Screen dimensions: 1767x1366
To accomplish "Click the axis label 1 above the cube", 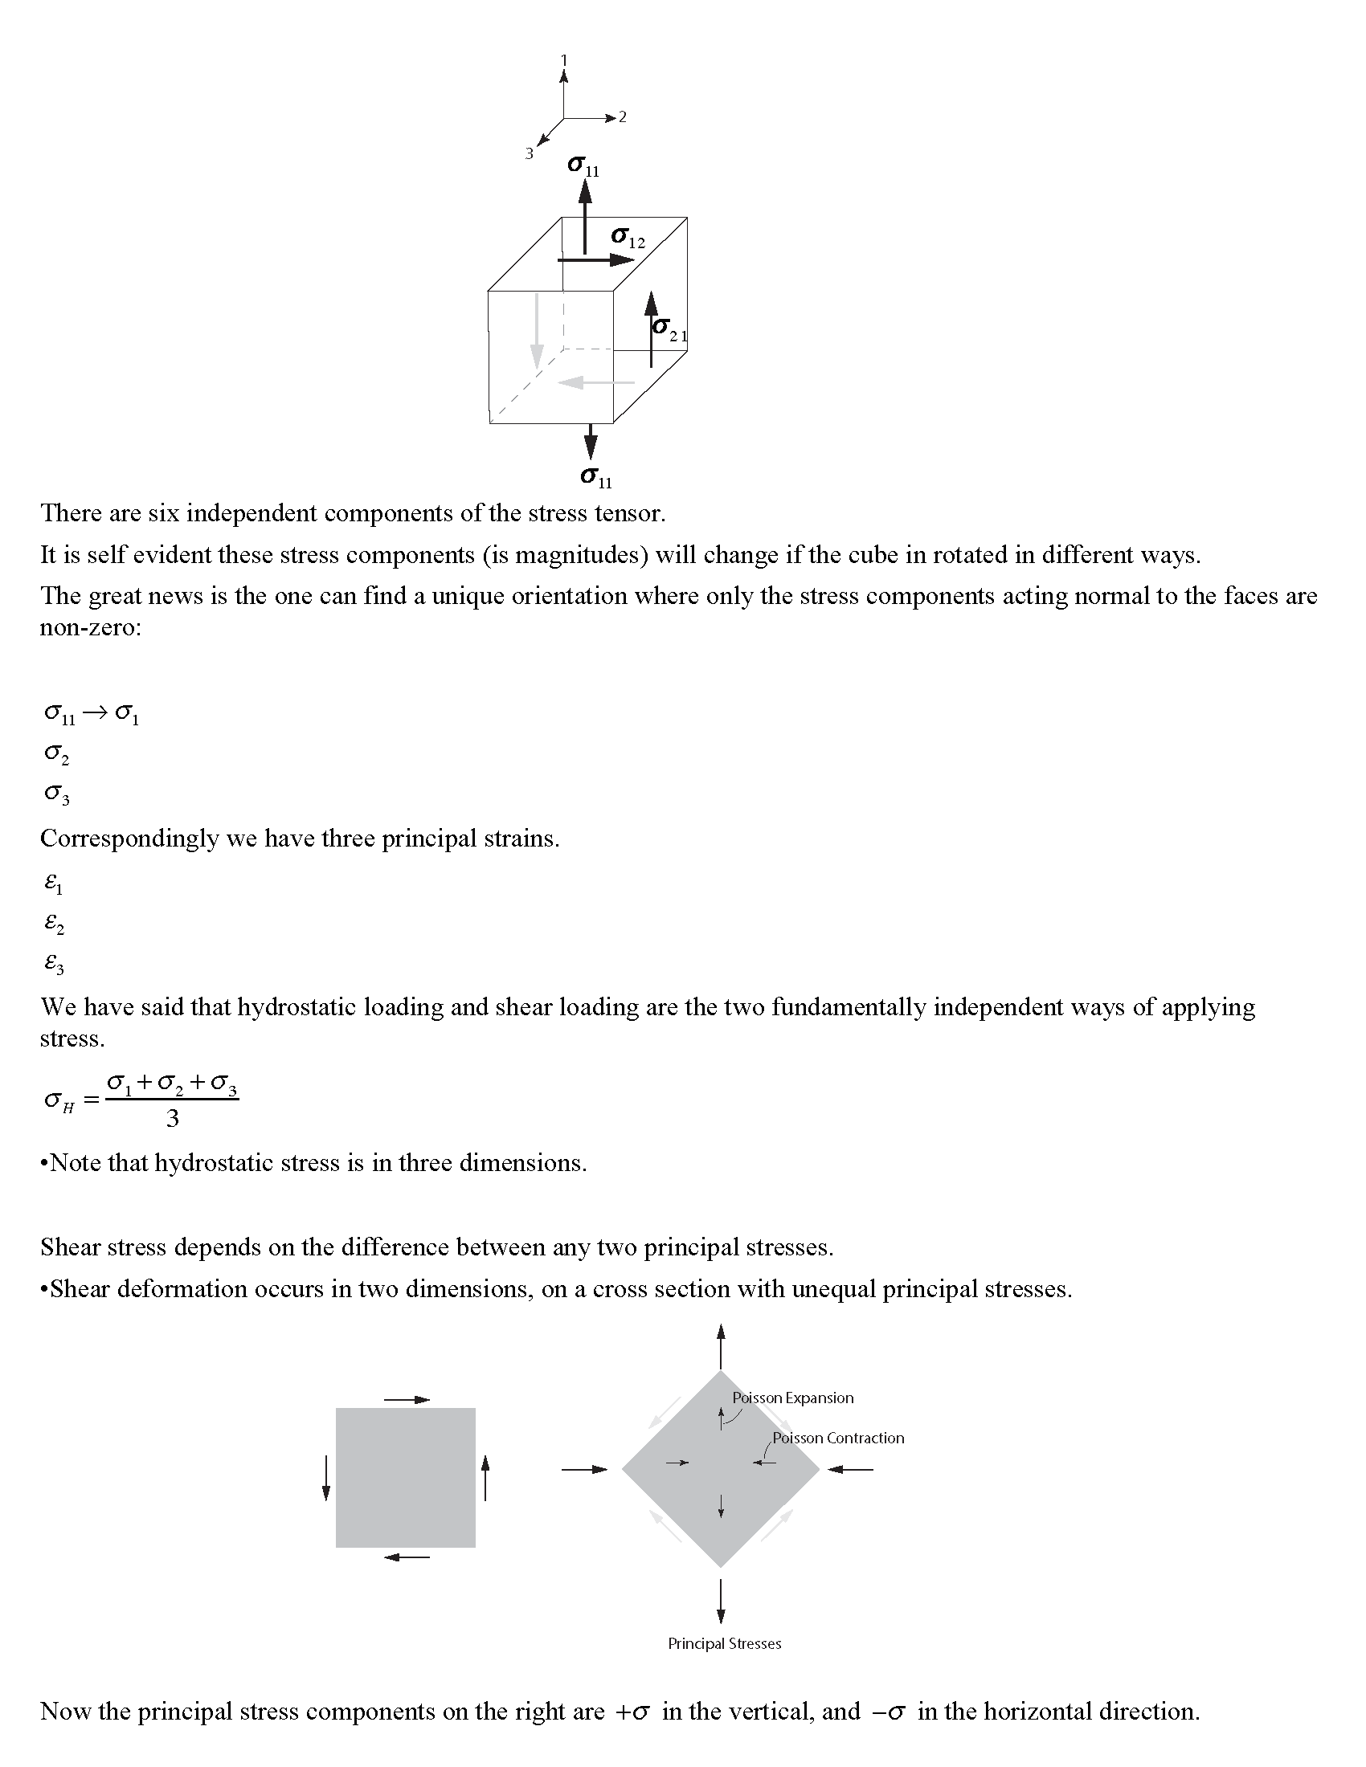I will coord(564,60).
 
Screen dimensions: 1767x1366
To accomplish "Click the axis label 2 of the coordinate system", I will coord(622,117).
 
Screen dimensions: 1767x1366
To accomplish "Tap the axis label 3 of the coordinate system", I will coord(530,153).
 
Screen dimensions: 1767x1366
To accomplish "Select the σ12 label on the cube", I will coord(628,238).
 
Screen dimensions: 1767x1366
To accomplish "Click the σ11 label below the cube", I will coord(596,478).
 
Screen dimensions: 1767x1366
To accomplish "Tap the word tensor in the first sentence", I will coord(628,513).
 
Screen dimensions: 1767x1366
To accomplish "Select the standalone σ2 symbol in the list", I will coord(56,754).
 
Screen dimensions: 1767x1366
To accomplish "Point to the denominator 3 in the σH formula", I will coord(173,1119).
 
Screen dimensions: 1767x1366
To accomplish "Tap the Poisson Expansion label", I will coord(792,1398).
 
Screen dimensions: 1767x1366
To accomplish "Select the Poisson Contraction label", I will coord(837,1438).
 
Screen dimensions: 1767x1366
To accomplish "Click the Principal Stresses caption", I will coord(724,1643).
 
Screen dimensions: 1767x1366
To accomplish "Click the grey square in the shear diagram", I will coord(406,1477).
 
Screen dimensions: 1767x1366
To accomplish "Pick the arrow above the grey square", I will coord(407,1400).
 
